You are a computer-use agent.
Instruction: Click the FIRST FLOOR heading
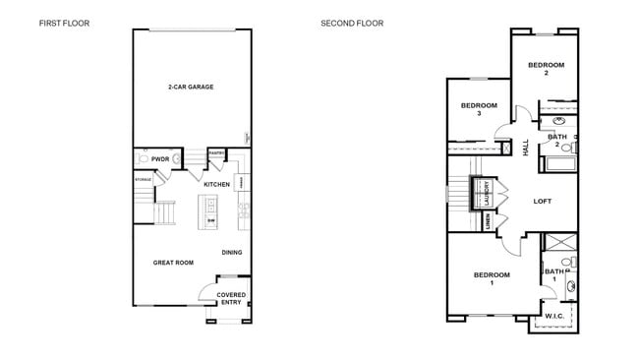[x=63, y=23]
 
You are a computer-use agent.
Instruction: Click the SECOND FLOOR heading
[x=352, y=23]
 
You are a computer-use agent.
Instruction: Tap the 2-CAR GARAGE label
[x=191, y=87]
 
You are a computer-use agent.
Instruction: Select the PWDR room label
[x=160, y=158]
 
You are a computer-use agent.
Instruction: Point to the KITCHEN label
[x=216, y=184]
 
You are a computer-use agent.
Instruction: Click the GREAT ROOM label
[x=172, y=263]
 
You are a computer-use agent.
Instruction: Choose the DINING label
[x=231, y=253]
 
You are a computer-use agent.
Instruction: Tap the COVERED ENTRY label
[x=231, y=299]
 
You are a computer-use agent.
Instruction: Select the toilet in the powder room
[x=144, y=158]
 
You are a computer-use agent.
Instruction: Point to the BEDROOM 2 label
[x=545, y=69]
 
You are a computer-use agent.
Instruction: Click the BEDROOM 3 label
[x=479, y=109]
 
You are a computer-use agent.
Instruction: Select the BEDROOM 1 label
[x=492, y=278]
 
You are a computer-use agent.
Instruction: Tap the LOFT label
[x=542, y=201]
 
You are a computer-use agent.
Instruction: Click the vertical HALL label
[x=525, y=147]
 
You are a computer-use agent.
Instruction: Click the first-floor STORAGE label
[x=143, y=180]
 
